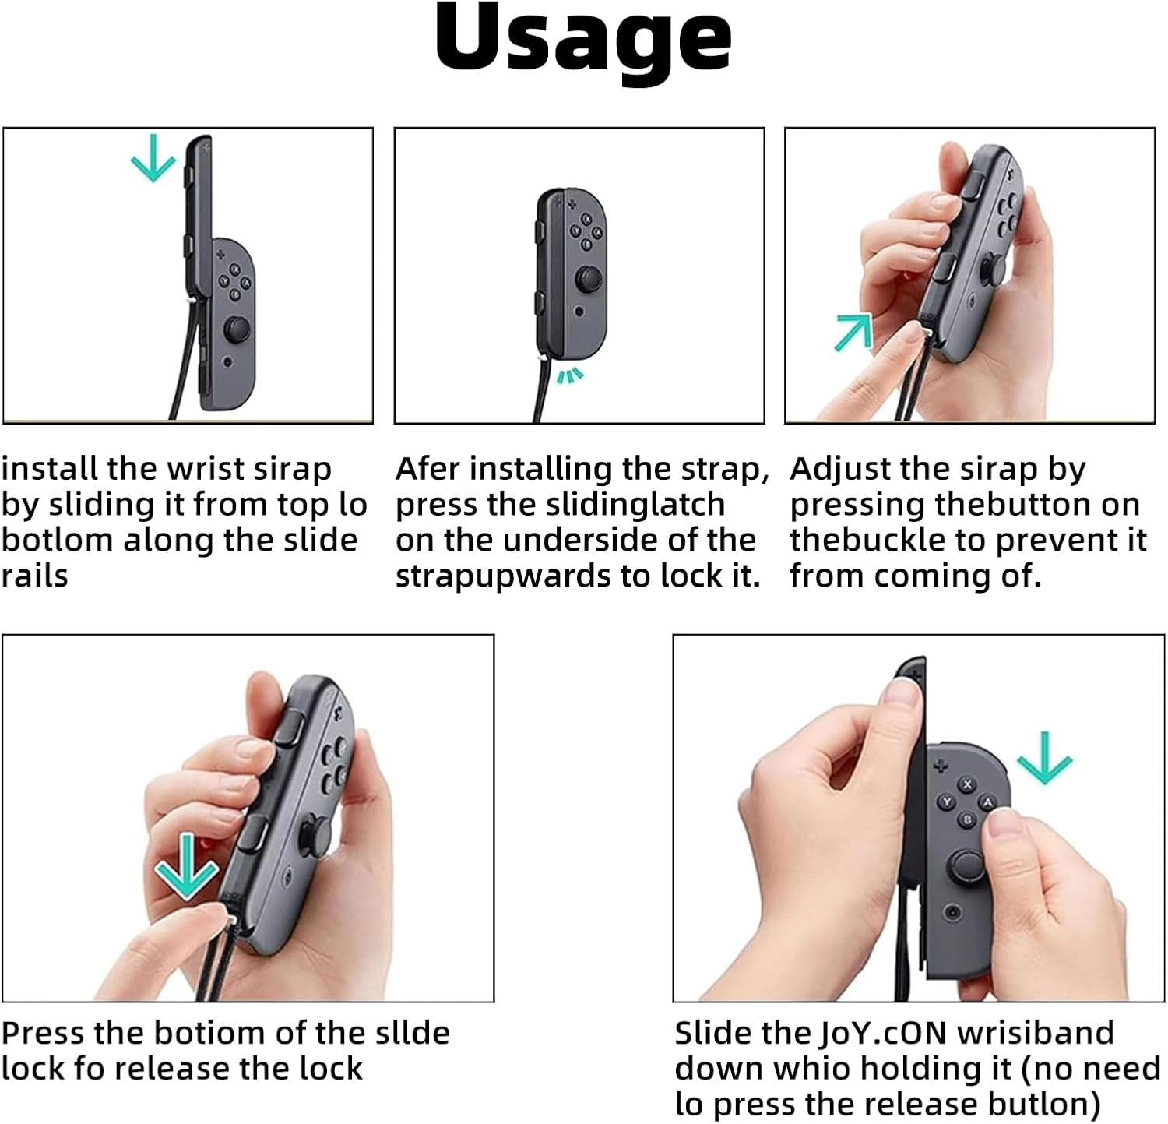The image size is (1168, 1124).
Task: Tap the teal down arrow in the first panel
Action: [x=153, y=158]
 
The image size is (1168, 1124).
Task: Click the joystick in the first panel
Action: [x=237, y=329]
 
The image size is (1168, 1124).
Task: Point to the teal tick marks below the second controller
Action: [x=570, y=376]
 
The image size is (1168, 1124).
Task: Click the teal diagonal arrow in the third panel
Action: [x=853, y=332]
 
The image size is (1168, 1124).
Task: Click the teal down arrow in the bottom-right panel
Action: [x=1045, y=758]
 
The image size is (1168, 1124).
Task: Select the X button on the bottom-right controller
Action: [x=968, y=784]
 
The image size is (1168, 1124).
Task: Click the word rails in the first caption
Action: [x=35, y=576]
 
